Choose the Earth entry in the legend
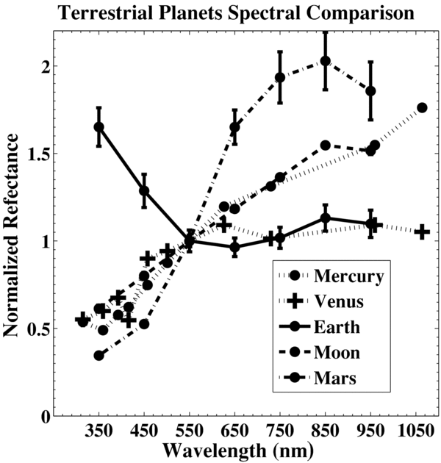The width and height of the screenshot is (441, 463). (336, 327)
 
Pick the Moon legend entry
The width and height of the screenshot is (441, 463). (336, 353)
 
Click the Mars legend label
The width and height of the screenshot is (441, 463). (334, 378)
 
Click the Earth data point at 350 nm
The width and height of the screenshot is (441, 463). (98, 126)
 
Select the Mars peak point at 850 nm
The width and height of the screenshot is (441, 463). (325, 61)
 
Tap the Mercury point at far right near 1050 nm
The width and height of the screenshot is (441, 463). (422, 108)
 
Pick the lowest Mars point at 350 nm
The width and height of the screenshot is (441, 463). (98, 356)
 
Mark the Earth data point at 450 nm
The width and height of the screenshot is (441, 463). (144, 191)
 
